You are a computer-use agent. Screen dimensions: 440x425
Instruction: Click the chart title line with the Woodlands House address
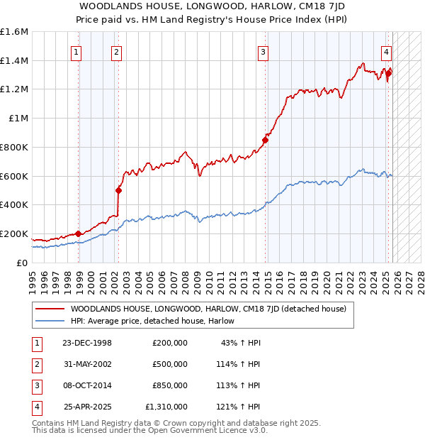click(x=212, y=6)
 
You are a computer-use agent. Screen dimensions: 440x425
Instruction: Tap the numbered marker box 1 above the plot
click(x=76, y=51)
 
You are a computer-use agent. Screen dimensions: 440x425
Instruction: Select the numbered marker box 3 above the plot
click(x=263, y=51)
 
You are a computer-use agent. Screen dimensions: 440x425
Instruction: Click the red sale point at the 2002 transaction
click(x=118, y=190)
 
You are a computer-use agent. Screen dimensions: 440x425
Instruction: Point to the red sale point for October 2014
click(x=266, y=140)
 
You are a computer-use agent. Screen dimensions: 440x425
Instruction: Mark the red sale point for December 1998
click(x=78, y=233)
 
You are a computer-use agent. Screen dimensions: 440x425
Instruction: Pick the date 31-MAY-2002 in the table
click(x=86, y=364)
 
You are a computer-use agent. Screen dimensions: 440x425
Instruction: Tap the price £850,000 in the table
click(x=170, y=385)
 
